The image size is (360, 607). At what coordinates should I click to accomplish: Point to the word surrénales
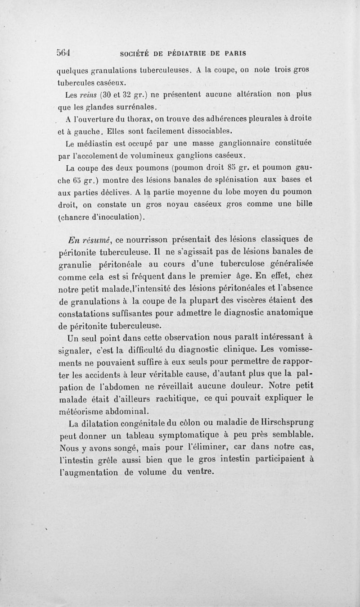134,107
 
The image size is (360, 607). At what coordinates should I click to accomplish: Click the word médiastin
96,144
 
